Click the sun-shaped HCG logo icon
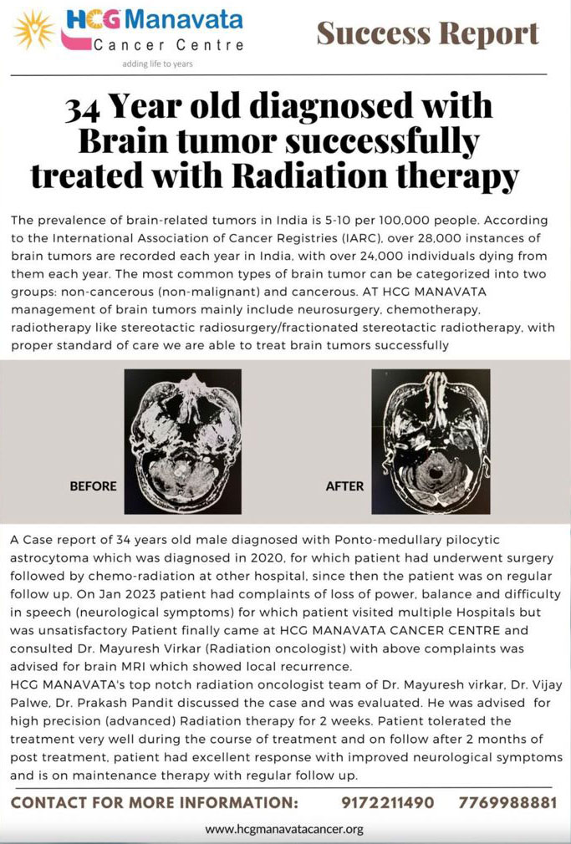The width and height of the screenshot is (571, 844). pos(34,31)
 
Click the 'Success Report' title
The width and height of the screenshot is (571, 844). pos(427,33)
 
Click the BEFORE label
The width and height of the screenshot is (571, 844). pos(93,486)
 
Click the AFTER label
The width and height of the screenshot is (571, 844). pos(344,486)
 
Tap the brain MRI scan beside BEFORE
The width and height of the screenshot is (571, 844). pos(182,441)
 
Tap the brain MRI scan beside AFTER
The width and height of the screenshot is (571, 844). pos(431,441)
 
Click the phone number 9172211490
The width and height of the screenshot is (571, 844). pos(388,802)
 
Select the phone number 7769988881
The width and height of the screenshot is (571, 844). pos(507,802)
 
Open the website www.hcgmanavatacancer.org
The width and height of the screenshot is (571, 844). pos(284,829)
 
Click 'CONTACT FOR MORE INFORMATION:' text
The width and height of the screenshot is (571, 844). pos(155,802)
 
